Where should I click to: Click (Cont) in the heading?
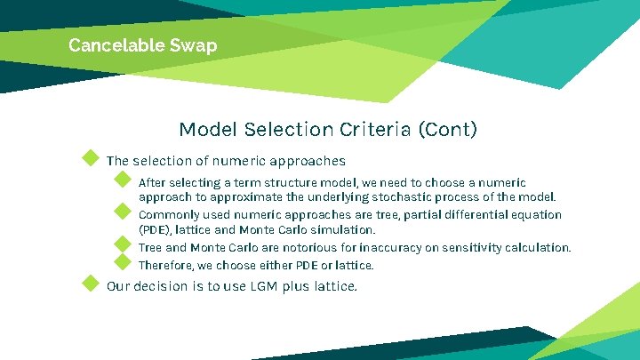coord(449,130)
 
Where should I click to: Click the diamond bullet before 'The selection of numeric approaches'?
coord(90,158)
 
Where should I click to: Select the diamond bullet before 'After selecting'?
coord(123,180)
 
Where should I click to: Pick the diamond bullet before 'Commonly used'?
coord(123,212)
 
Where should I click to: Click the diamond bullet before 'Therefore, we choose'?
coord(123,262)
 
